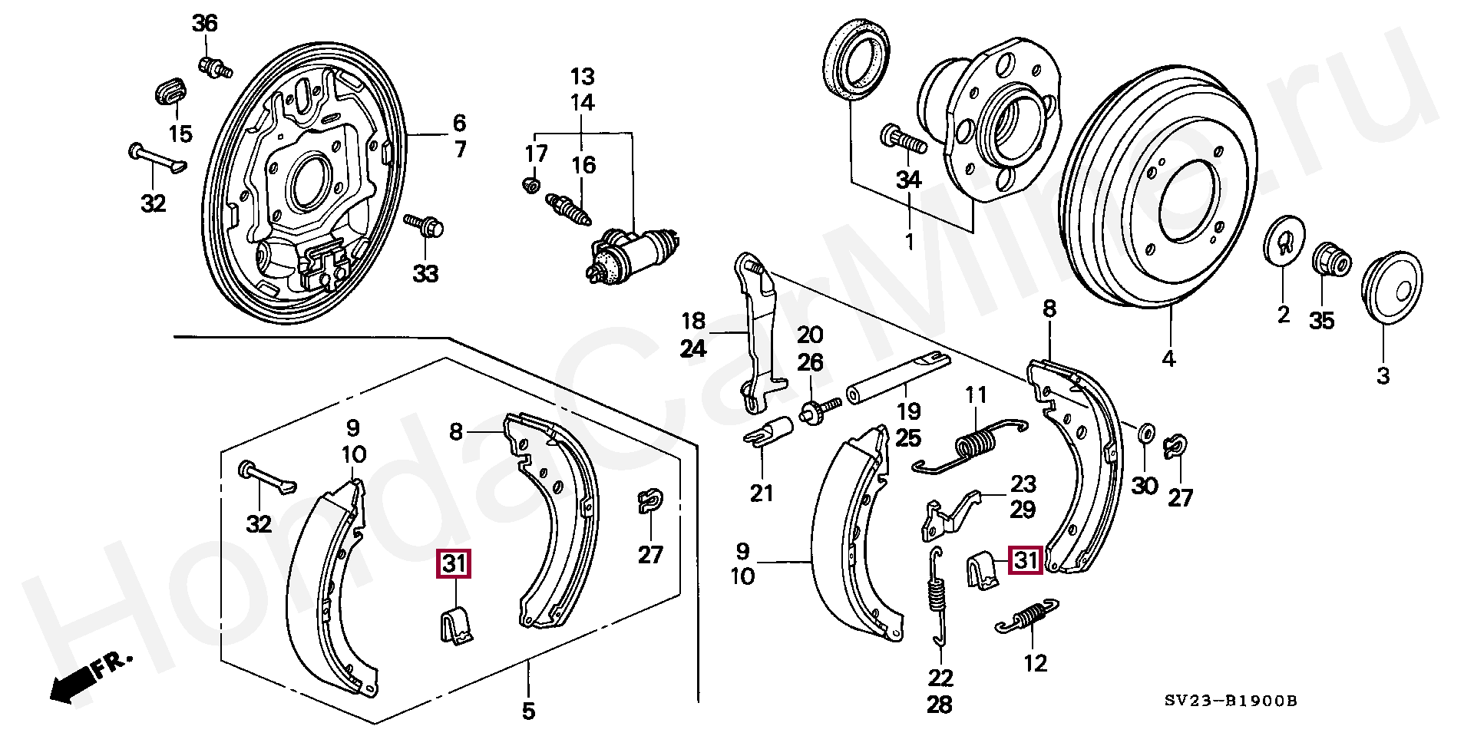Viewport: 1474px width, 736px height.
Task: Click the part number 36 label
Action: click(205, 25)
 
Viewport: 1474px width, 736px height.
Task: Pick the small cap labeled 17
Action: click(529, 184)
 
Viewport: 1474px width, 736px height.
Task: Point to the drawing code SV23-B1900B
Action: click(1230, 700)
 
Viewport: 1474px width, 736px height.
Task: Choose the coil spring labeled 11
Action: click(977, 445)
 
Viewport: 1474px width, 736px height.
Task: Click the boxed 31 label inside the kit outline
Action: click(454, 565)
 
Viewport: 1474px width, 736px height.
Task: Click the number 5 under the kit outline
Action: click(528, 711)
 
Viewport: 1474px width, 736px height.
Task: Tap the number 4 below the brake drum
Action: click(1168, 358)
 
